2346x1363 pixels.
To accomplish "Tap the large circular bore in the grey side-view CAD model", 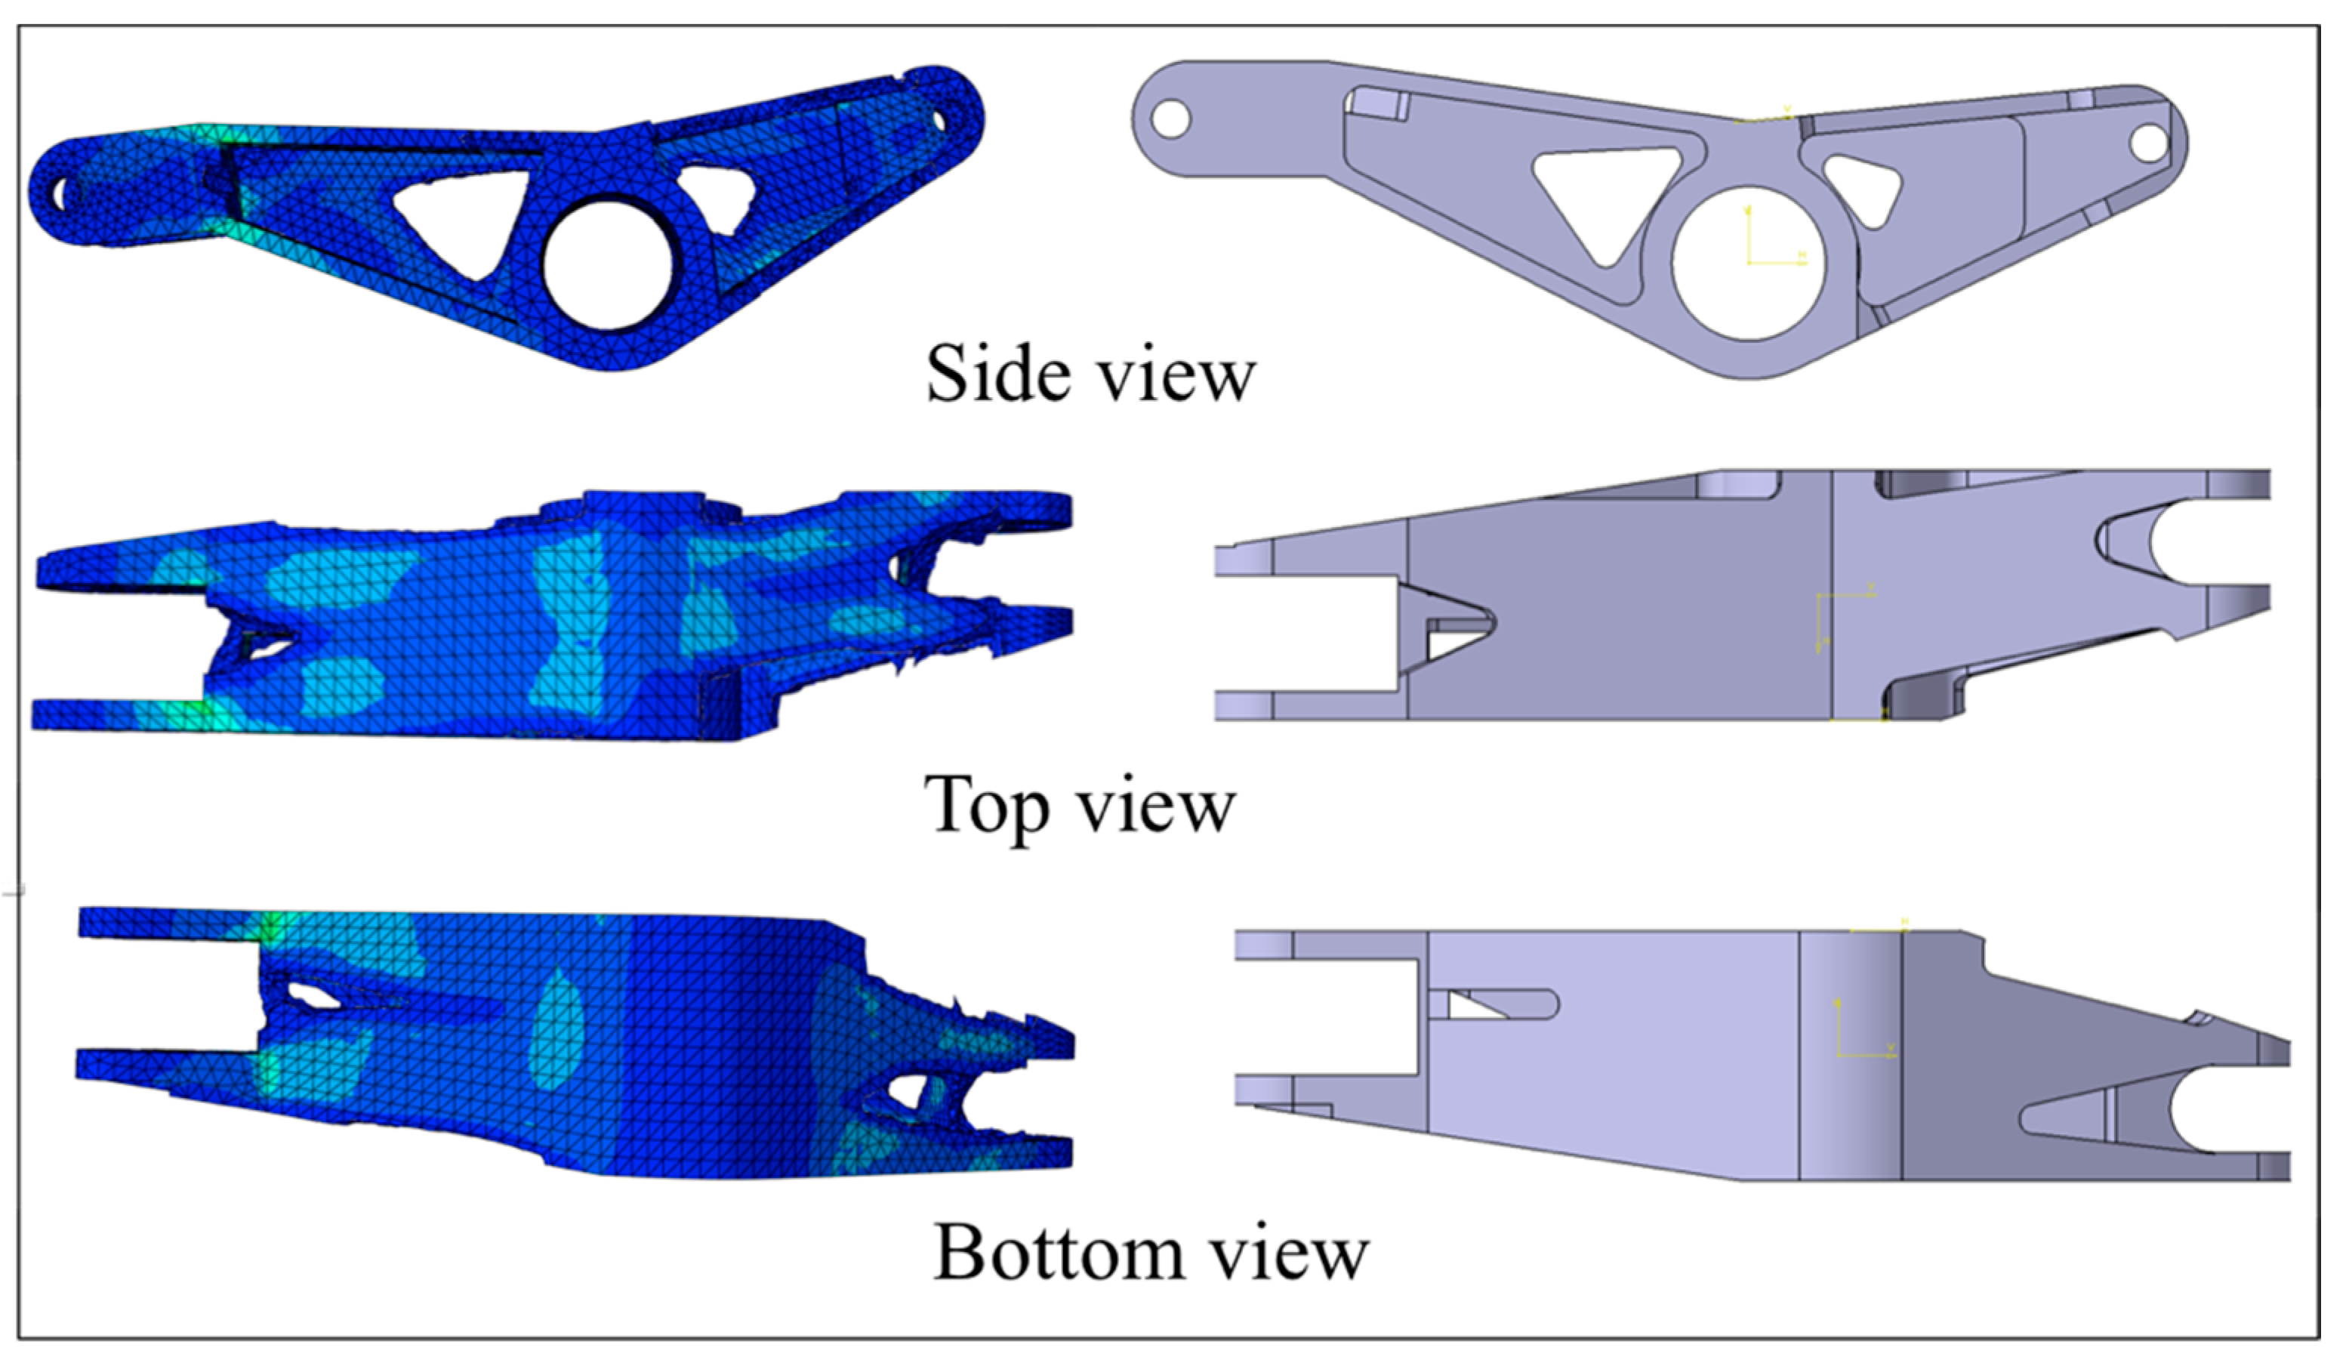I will pyautogui.click(x=1748, y=264).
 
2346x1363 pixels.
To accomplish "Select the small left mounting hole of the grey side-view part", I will pyautogui.click(x=1170, y=119).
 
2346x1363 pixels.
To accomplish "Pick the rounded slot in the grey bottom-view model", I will pyautogui.click(x=1499, y=1004).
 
